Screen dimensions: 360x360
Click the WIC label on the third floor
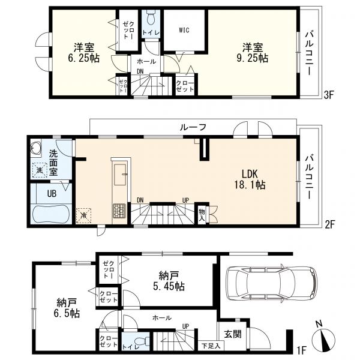click(x=184, y=30)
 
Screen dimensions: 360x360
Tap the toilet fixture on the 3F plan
click(x=151, y=17)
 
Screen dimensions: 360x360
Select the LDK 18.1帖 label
click(x=250, y=179)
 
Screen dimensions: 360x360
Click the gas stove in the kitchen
click(x=119, y=210)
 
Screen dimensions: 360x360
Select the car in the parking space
click(x=271, y=283)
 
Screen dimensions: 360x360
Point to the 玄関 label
click(x=233, y=334)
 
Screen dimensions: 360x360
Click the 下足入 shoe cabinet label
click(x=211, y=346)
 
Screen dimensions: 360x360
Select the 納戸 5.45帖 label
click(x=169, y=281)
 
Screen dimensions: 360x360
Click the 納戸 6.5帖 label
click(x=67, y=307)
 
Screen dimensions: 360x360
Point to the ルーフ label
click(x=193, y=127)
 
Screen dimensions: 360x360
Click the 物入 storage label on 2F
click(x=202, y=215)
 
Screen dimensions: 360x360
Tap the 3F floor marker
click(x=328, y=95)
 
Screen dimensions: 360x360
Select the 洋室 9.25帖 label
click(x=253, y=53)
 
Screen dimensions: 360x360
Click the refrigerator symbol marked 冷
click(x=83, y=215)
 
